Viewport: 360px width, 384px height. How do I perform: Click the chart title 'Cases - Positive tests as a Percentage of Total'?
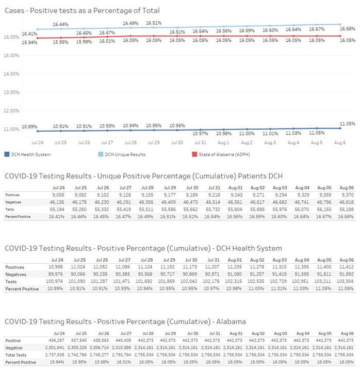pyautogui.click(x=82, y=10)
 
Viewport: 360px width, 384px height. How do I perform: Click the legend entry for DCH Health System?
pyautogui.click(x=28, y=154)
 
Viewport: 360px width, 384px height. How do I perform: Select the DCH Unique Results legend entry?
pyautogui.click(x=122, y=154)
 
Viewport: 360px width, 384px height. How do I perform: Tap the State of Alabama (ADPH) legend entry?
pyautogui.click(x=221, y=154)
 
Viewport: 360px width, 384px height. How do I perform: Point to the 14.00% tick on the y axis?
pyautogui.click(x=11, y=74)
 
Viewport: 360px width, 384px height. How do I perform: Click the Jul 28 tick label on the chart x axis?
pyautogui.click(x=130, y=142)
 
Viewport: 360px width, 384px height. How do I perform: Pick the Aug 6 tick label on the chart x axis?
pyautogui.click(x=340, y=142)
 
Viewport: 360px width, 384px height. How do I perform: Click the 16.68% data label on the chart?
pyautogui.click(x=347, y=29)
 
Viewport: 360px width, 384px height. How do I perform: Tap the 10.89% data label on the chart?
pyautogui.click(x=29, y=126)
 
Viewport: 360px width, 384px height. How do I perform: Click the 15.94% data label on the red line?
pyautogui.click(x=29, y=42)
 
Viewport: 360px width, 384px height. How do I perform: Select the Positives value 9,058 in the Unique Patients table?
pyautogui.click(x=58, y=195)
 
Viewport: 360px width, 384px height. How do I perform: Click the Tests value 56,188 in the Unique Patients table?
pyautogui.click(x=346, y=210)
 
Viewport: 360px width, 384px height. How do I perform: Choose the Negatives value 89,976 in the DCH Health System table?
pyautogui.click(x=56, y=274)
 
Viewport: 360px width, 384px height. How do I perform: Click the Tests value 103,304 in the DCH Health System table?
pyautogui.click(x=345, y=281)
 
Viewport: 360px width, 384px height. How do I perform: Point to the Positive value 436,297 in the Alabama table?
pyautogui.click(x=57, y=341)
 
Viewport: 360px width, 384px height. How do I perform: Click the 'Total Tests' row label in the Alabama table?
pyautogui.click(x=15, y=355)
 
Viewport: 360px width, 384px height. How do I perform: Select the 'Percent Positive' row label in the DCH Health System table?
pyautogui.click(x=22, y=289)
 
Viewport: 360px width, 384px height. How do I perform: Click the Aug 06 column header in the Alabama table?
pyautogui.click(x=347, y=333)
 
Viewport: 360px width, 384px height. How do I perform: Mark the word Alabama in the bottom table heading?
pyautogui.click(x=231, y=322)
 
